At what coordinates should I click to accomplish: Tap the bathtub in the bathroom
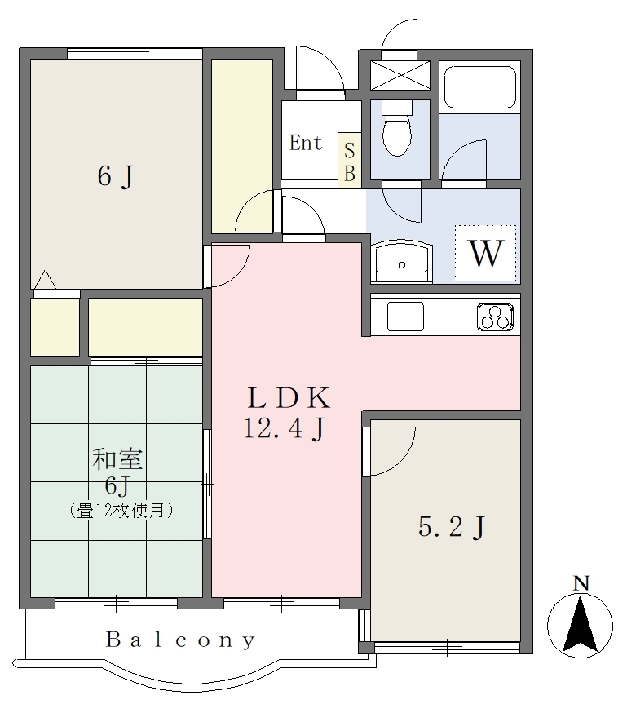pyautogui.click(x=479, y=87)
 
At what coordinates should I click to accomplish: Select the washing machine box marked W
pyautogui.click(x=486, y=253)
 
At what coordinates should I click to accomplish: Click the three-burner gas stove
pyautogui.click(x=496, y=317)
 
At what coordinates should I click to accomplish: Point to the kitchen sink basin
pyautogui.click(x=405, y=317)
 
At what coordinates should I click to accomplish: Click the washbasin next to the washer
pyautogui.click(x=402, y=262)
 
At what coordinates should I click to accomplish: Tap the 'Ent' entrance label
pyautogui.click(x=306, y=144)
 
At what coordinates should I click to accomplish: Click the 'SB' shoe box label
pyautogui.click(x=350, y=162)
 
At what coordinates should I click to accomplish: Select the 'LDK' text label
pyautogui.click(x=289, y=398)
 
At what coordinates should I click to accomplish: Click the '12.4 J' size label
pyautogui.click(x=284, y=428)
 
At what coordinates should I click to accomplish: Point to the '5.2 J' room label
pyautogui.click(x=452, y=527)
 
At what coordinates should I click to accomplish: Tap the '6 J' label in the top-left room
pyautogui.click(x=116, y=176)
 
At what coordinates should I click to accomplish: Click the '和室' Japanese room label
pyautogui.click(x=117, y=459)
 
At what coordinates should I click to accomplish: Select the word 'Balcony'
pyautogui.click(x=181, y=640)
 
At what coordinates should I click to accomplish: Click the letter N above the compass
pyautogui.click(x=581, y=583)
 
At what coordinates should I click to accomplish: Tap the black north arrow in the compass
pyautogui.click(x=581, y=624)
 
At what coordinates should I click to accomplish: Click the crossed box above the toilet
pyautogui.click(x=400, y=75)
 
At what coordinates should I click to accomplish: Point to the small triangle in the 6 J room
pyautogui.click(x=45, y=280)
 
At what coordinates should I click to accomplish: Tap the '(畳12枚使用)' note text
pyautogui.click(x=121, y=511)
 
